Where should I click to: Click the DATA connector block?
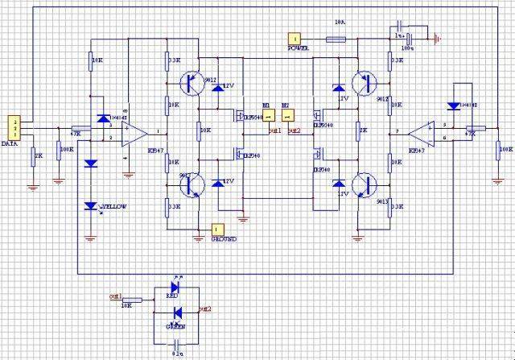[x=13, y=126]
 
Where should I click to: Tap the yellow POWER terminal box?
[x=296, y=37]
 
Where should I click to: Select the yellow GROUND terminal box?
[x=216, y=229]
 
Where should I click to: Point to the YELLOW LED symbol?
[x=90, y=206]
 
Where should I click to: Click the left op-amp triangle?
[x=134, y=132]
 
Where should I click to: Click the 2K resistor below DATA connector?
[x=33, y=156]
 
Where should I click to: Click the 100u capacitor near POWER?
[x=411, y=38]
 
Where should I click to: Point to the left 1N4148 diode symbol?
[x=101, y=119]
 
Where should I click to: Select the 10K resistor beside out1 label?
[x=130, y=299]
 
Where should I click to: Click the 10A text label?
[x=339, y=23]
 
